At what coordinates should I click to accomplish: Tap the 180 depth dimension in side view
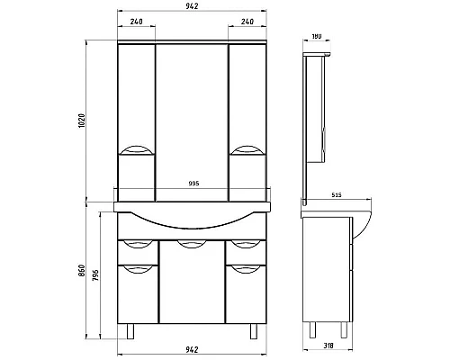coord(316,38)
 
